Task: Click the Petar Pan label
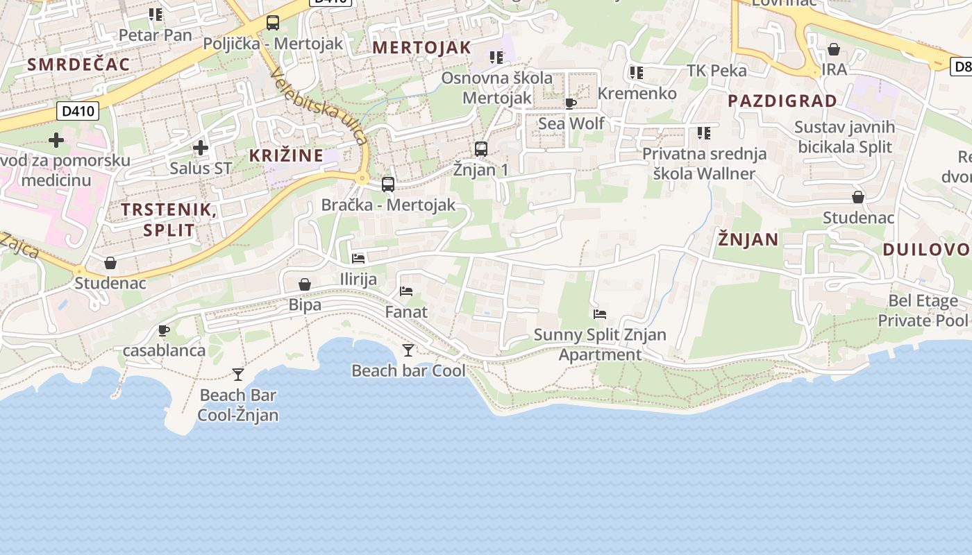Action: point(155,35)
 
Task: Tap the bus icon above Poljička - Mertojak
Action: point(273,23)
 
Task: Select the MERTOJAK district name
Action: point(421,48)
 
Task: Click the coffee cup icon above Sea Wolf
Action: point(571,104)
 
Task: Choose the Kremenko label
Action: point(637,93)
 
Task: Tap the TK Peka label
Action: point(717,70)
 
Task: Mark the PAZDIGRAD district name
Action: point(782,101)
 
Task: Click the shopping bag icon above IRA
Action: point(834,50)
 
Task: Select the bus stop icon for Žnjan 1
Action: point(480,148)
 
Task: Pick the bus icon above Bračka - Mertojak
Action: point(388,185)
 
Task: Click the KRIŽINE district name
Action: point(287,155)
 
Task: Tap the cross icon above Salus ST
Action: point(201,148)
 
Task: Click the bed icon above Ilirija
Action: point(358,259)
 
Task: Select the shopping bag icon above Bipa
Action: point(305,284)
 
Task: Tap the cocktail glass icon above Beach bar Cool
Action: point(408,350)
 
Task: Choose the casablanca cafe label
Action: point(164,350)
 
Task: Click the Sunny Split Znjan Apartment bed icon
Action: point(600,314)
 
